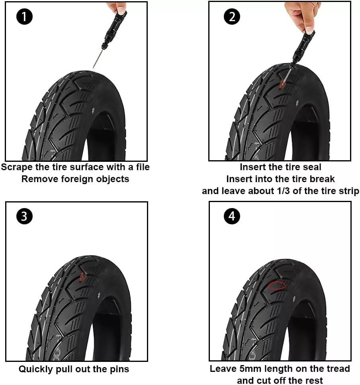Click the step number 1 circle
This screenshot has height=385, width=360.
pyautogui.click(x=25, y=17)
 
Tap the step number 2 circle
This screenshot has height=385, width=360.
pyautogui.click(x=232, y=17)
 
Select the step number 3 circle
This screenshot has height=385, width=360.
pyautogui.click(x=25, y=216)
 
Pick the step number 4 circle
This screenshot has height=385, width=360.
pyautogui.click(x=232, y=216)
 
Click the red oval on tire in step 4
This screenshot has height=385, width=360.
pyautogui.click(x=277, y=285)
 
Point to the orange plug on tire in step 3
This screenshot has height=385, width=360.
pyautogui.click(x=83, y=276)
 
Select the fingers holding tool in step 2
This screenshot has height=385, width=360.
pyautogui.click(x=305, y=16)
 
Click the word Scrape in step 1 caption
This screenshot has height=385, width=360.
pyautogui.click(x=17, y=167)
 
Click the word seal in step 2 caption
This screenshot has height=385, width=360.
pyautogui.click(x=312, y=167)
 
